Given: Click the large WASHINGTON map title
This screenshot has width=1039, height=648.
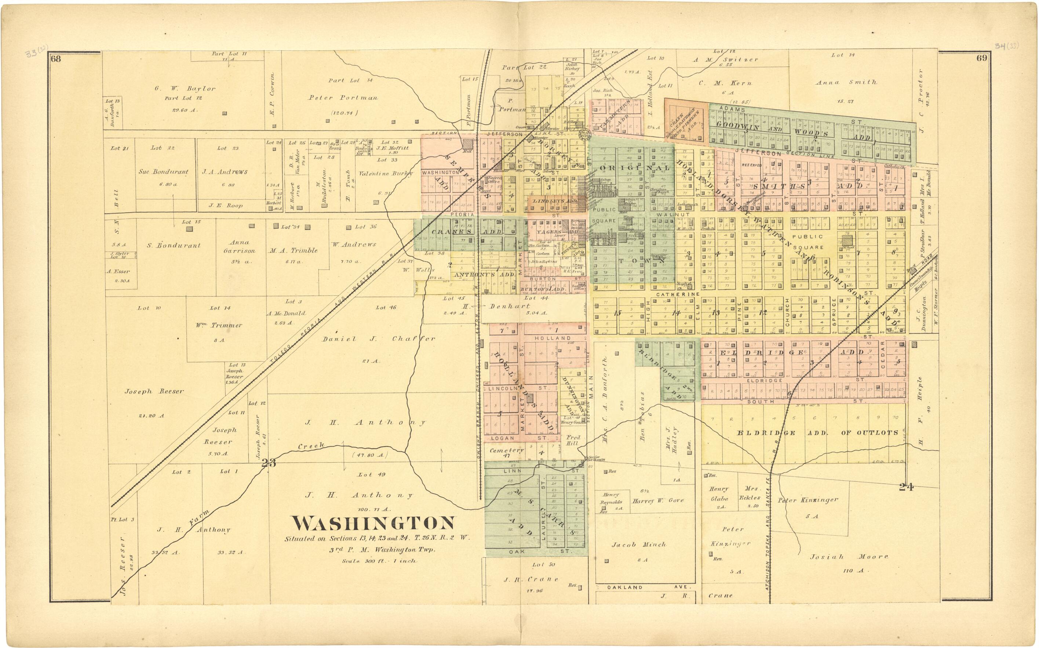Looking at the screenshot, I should point(373,523).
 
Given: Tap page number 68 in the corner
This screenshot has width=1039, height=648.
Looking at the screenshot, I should point(56,59).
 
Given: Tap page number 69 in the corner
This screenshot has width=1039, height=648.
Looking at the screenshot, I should point(982,58).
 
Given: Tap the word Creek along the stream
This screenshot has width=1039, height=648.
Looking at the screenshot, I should point(311,446).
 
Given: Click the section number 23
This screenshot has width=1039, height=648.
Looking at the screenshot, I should point(269,463).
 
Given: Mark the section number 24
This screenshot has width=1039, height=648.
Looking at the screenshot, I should point(906,486).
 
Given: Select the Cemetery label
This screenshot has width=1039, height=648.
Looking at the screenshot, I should point(506,450).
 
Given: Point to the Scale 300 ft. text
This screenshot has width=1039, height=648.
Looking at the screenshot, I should point(379,561).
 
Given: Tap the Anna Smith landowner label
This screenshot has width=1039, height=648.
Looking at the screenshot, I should point(846,82).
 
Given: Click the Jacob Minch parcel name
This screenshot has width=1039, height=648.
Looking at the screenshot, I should point(639,545).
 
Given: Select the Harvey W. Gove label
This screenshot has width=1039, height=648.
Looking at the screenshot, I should point(658,500).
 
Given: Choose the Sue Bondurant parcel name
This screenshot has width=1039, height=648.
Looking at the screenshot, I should point(163,172).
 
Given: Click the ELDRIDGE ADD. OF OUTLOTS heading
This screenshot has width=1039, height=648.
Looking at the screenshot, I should point(817,433).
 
